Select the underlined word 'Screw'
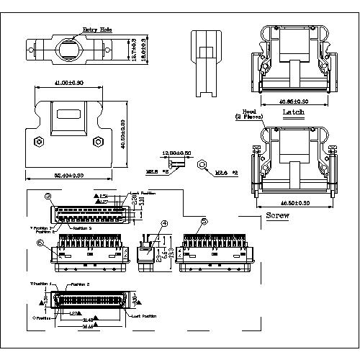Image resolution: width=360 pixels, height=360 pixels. coord(277,216)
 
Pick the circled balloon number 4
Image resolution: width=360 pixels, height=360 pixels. coord(165,223)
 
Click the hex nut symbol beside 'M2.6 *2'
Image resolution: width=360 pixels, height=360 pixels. coord(204,165)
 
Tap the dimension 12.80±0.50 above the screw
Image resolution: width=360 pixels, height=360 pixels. coord(177,153)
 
